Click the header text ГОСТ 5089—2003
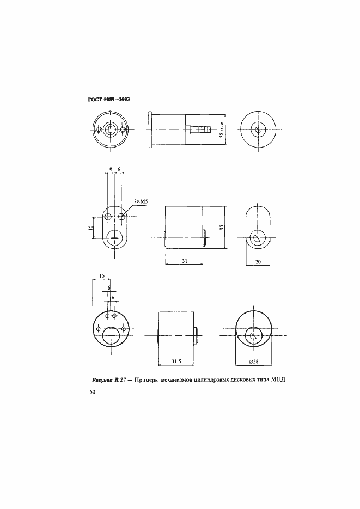click(109, 100)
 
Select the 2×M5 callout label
click(141, 201)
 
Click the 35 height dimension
click(222, 227)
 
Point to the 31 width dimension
click(185, 261)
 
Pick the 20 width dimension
click(258, 262)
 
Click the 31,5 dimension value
click(176, 361)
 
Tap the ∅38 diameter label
click(254, 361)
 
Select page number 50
click(93, 393)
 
